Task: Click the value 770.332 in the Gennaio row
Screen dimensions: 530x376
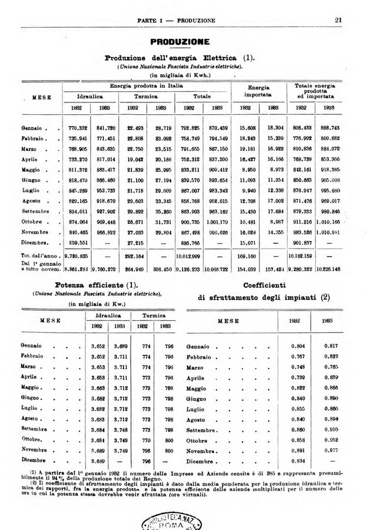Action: pos(78,128)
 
